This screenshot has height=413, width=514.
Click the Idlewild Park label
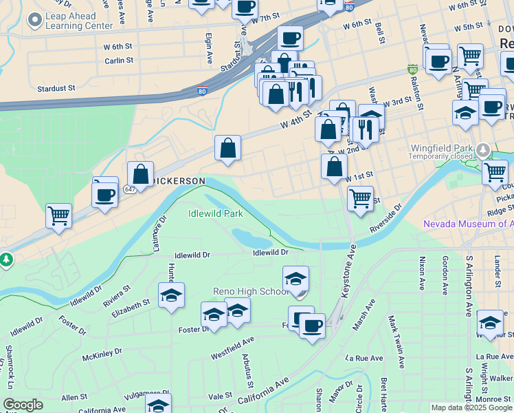coord(216,213)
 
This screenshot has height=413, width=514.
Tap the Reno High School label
coord(251,291)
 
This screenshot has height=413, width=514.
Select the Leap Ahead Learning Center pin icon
coord(34,21)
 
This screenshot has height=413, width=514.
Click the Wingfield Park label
coord(440,148)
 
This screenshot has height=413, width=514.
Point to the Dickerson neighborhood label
coord(179,180)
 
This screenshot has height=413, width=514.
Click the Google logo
coord(23,405)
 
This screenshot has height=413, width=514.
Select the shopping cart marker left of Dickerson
coord(58,215)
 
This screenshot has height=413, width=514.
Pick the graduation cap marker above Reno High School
coord(295,279)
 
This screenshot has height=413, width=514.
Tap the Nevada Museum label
coord(467,224)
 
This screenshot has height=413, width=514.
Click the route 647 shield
coord(131,188)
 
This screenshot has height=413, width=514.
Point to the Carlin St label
coord(119,61)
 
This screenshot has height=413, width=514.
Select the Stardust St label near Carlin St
coord(58,89)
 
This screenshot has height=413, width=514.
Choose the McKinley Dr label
coord(102,354)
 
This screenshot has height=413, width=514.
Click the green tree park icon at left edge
coord(5,260)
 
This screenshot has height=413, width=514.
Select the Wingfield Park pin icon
coord(483,149)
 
